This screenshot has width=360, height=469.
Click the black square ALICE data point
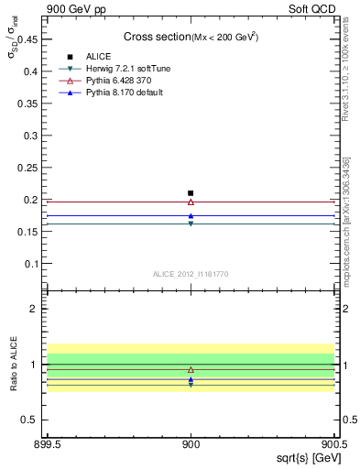click(x=191, y=193)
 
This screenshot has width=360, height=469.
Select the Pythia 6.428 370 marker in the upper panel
click(x=191, y=202)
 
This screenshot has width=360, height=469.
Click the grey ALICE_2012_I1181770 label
click(x=191, y=274)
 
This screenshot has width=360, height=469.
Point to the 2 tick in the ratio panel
click(x=38, y=309)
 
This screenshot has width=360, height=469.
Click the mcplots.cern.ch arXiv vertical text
click(x=346, y=220)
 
